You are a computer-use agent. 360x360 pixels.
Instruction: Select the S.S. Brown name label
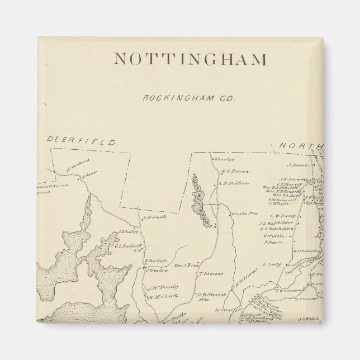click(234, 172)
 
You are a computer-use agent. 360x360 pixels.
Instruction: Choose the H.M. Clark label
click(159, 297)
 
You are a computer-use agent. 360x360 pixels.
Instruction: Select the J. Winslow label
click(158, 271)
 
